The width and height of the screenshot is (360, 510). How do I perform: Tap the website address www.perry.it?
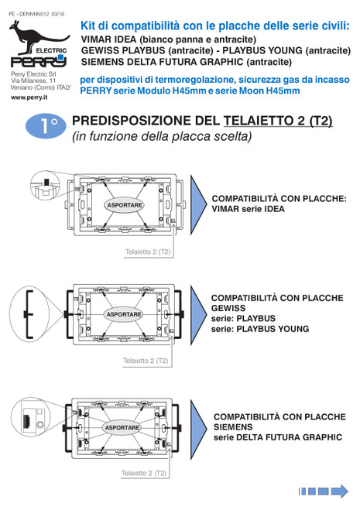(x=29, y=98)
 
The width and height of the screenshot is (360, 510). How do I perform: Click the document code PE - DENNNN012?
(x=29, y=14)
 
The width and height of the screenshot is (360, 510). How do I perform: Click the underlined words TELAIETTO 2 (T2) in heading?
(x=278, y=121)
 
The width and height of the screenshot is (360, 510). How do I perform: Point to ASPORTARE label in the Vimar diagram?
(x=125, y=205)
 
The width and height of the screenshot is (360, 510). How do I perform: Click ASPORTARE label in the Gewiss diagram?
(x=124, y=314)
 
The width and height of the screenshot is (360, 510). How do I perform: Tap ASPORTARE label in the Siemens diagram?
(x=122, y=427)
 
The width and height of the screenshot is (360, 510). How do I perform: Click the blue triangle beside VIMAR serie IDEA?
(x=198, y=204)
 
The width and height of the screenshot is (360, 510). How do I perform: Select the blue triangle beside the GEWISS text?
(x=198, y=315)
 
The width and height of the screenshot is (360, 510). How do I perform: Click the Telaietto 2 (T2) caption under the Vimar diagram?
(x=148, y=252)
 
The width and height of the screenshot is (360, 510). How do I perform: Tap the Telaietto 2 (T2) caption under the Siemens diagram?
(x=143, y=473)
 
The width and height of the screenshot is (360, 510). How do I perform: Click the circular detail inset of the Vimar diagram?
(x=45, y=186)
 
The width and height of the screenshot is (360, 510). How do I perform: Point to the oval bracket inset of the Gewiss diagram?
(x=30, y=314)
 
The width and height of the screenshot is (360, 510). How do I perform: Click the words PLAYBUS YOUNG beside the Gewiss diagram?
(x=273, y=329)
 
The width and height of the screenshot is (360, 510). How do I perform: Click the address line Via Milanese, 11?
(x=33, y=80)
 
